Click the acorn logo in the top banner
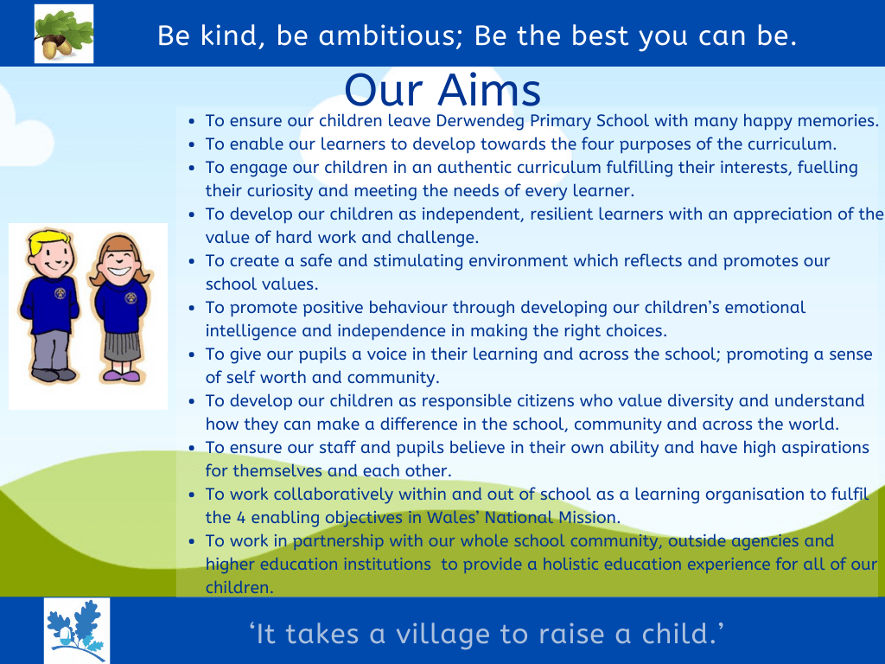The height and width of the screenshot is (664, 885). click(x=64, y=33)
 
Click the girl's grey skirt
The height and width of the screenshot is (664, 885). click(x=120, y=343)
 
